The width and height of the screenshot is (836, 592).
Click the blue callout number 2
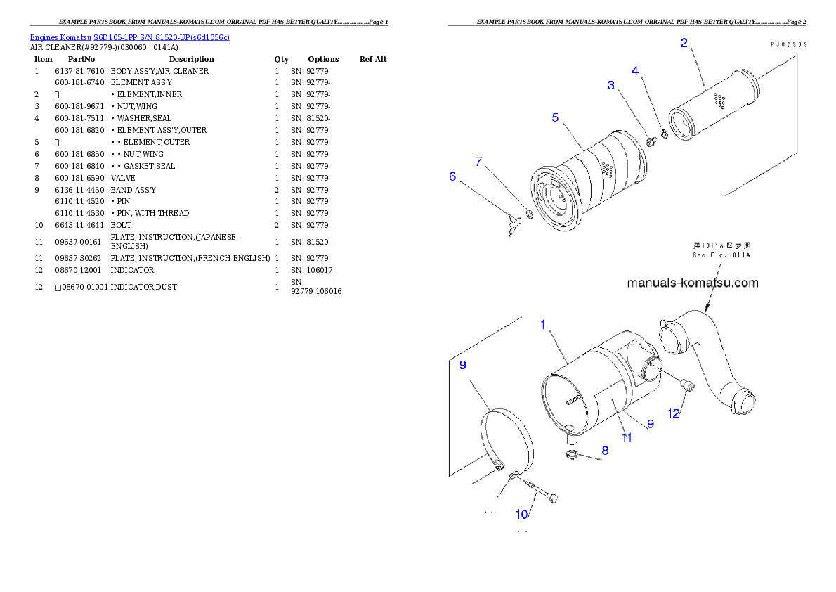[x=684, y=43]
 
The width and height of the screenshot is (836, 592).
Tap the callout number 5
[x=555, y=117]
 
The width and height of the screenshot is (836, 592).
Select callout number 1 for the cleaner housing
[x=542, y=325]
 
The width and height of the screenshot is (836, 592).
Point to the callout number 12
[x=674, y=413]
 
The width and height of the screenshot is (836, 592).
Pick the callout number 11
[x=626, y=437]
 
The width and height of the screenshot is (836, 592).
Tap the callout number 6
[x=452, y=176]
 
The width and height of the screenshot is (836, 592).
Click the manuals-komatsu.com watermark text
[x=692, y=283]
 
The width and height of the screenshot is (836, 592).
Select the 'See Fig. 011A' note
[x=721, y=250]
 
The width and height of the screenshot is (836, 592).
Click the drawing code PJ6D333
[x=787, y=44]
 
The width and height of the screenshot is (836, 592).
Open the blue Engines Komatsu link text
[x=129, y=37]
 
